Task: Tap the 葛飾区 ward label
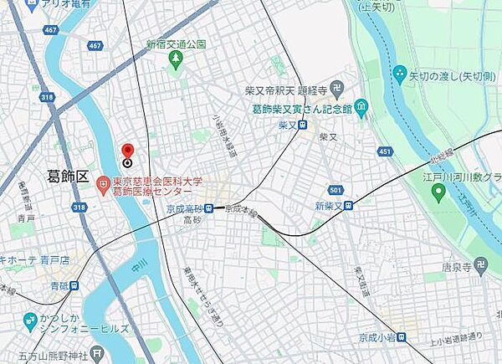point(67,176)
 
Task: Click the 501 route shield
point(334,190)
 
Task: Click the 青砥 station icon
point(75,285)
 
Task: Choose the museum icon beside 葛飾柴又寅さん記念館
point(361,107)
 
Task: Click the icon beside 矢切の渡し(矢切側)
point(401,73)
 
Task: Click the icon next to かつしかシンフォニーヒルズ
point(30,320)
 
